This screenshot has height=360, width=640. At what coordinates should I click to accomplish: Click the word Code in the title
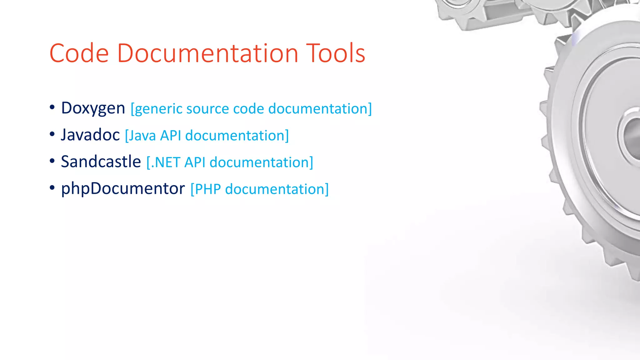click(79, 53)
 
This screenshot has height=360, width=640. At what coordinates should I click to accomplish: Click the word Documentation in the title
click(207, 53)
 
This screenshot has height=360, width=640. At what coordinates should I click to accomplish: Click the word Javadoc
click(90, 135)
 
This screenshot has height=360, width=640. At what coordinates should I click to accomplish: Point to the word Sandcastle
click(101, 162)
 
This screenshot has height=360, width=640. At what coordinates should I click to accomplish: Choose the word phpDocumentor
click(123, 189)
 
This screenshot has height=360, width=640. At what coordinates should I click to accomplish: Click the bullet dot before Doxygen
click(52, 107)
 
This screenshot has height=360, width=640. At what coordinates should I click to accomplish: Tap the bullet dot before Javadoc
click(52, 134)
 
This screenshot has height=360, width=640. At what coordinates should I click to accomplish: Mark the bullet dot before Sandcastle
click(52, 161)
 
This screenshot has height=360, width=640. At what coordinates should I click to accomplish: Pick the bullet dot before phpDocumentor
click(52, 187)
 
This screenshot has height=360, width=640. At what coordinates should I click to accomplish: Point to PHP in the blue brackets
click(207, 189)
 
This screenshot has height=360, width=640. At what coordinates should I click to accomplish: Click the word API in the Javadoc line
click(171, 136)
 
